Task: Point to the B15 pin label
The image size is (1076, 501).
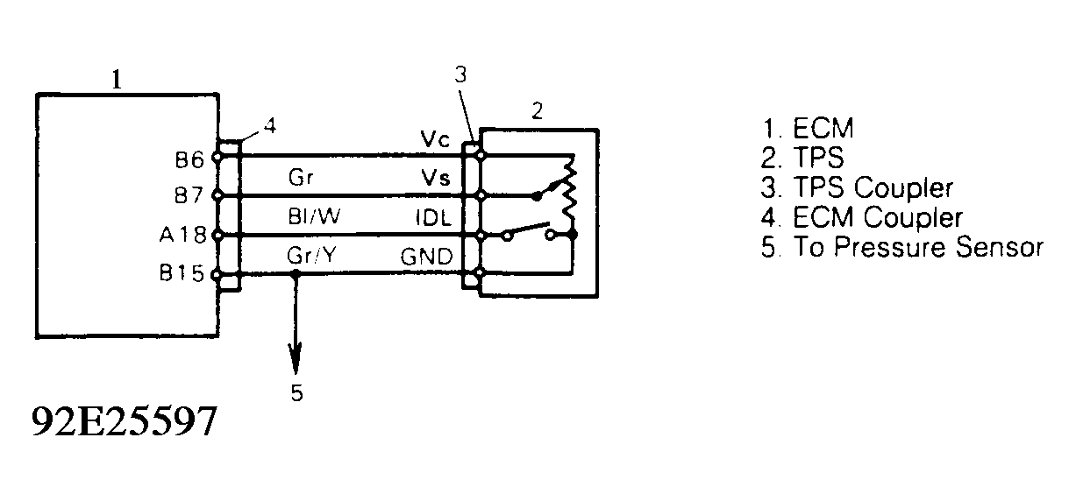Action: click(x=187, y=273)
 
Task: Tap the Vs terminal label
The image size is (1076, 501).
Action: click(x=435, y=179)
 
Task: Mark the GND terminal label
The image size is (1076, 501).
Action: click(x=427, y=258)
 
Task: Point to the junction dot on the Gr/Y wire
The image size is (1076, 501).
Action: click(x=296, y=274)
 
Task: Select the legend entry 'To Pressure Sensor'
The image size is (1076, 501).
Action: click(x=902, y=247)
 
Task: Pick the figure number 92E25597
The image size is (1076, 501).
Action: click(x=124, y=423)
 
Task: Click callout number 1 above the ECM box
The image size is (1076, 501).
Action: click(x=117, y=80)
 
